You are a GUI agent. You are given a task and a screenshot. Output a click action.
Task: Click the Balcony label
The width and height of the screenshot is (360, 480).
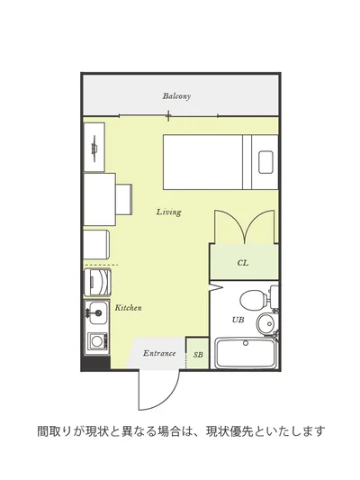pyautogui.click(x=176, y=96)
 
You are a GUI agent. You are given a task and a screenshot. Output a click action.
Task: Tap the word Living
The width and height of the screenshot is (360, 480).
pyautogui.click(x=169, y=212)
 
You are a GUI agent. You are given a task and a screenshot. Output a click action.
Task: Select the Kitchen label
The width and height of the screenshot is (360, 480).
pyautogui.click(x=128, y=308)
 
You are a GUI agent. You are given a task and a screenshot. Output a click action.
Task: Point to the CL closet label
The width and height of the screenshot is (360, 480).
pyautogui.click(x=243, y=263)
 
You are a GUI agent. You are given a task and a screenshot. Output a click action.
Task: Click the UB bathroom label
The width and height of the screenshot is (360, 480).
pyautogui.click(x=238, y=320)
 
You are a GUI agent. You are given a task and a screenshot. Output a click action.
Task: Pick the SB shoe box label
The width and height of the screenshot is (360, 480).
pyautogui.click(x=198, y=355)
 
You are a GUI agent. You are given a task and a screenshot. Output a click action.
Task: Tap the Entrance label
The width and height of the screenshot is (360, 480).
pyautogui.click(x=159, y=353)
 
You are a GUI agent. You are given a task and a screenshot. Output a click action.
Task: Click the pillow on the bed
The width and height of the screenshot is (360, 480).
pyautogui.click(x=265, y=162)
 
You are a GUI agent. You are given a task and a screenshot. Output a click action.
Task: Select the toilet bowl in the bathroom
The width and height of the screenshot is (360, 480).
pyautogui.click(x=253, y=299)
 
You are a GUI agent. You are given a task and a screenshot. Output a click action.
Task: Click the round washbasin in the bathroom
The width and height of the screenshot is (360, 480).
pyautogui.click(x=265, y=324)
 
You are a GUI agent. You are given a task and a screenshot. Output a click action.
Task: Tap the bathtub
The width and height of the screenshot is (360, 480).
pyautogui.click(x=246, y=353)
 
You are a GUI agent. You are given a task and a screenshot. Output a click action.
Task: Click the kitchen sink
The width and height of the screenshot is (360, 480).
pyautogui.click(x=96, y=312)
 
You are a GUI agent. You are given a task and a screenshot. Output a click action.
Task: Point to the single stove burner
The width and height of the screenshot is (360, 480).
pyautogui.click(x=96, y=341)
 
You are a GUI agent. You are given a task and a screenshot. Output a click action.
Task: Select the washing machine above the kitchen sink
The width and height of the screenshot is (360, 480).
pyautogui.click(x=97, y=282)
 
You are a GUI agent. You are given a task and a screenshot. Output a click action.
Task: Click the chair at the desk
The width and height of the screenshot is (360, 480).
pyautogui.click(x=123, y=199)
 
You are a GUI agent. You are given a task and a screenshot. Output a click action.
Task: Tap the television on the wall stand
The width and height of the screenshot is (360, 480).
pyautogui.click(x=94, y=149)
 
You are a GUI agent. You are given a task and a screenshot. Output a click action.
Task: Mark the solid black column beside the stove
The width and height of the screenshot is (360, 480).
pyautogui.click(x=95, y=363)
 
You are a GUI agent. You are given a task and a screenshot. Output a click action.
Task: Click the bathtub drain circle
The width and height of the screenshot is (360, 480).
pyautogui.click(x=246, y=343)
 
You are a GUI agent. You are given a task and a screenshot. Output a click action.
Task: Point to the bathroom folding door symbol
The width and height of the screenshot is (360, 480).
pyautogui.click(x=216, y=286)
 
